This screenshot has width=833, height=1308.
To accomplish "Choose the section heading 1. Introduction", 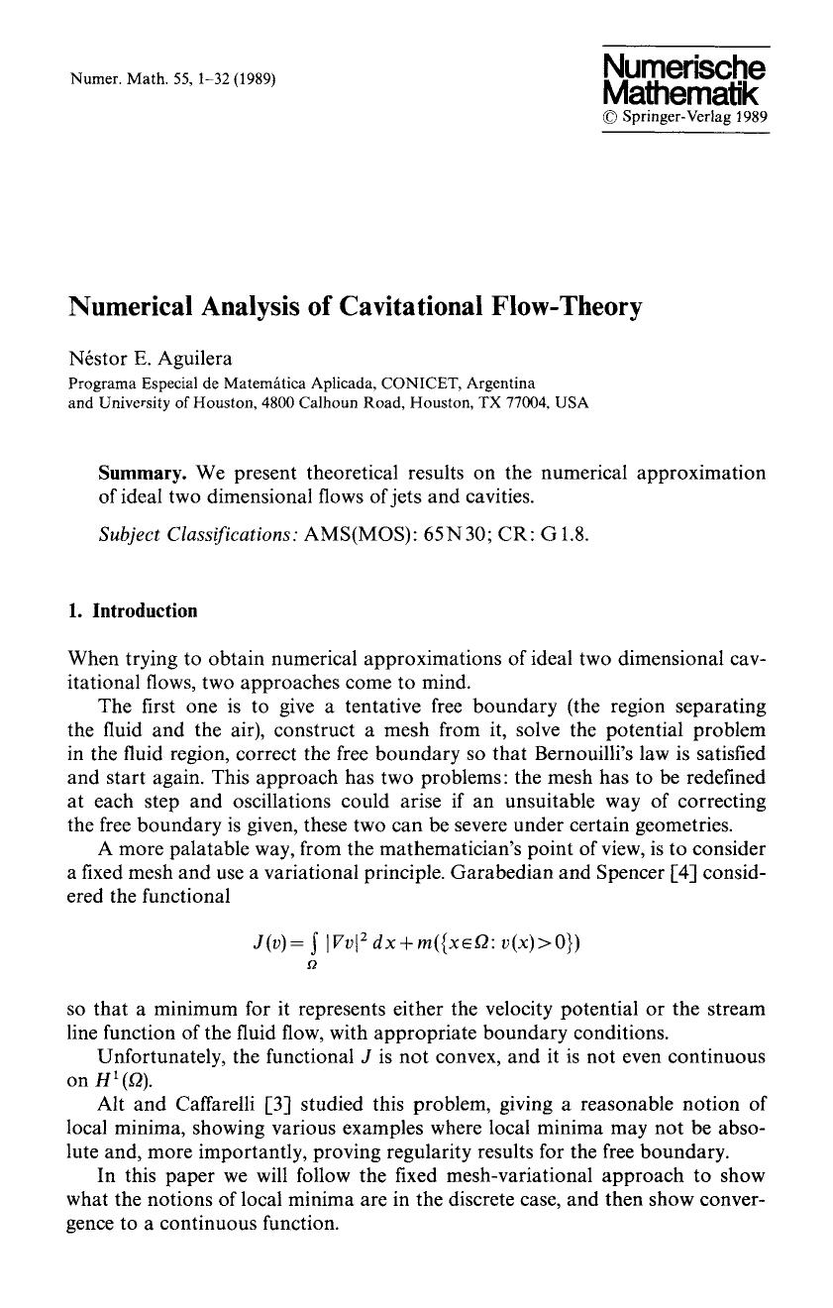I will (133, 610).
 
